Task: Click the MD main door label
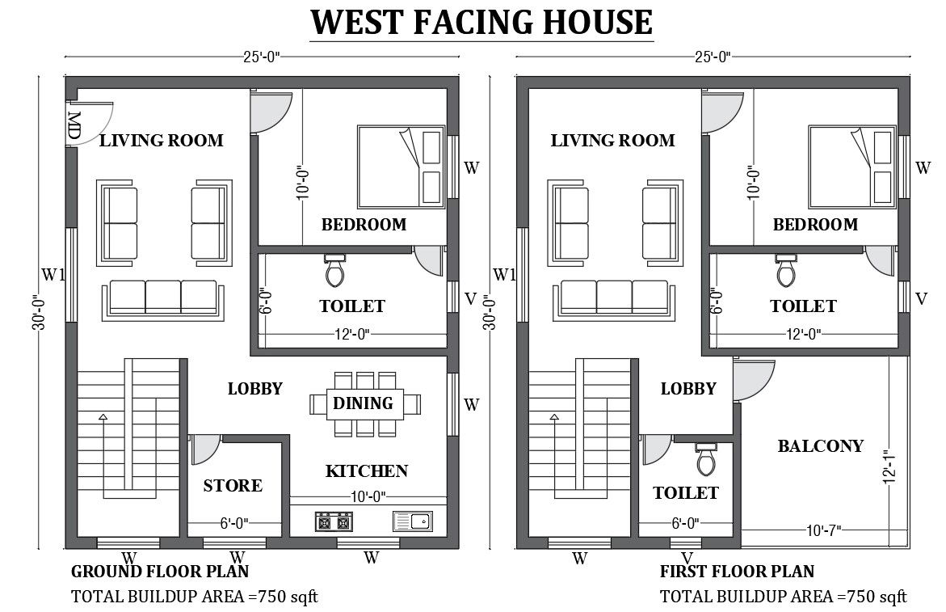[x=74, y=127]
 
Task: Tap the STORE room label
[x=233, y=486]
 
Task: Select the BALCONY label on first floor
[x=820, y=446]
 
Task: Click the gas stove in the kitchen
[x=334, y=521]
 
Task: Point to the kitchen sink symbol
[x=412, y=521]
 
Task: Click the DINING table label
[x=364, y=403]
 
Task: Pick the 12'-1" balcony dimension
[x=889, y=467]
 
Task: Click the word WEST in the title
[x=358, y=22]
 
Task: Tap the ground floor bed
[x=402, y=166]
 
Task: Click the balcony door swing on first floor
[x=755, y=378]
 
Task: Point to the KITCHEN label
[x=367, y=471]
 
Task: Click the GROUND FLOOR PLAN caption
[x=160, y=572]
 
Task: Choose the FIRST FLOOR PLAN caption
[x=737, y=572]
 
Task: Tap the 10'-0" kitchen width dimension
[x=368, y=496]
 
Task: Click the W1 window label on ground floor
[x=53, y=275]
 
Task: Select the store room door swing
[x=205, y=449]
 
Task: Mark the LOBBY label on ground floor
[x=255, y=389]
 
